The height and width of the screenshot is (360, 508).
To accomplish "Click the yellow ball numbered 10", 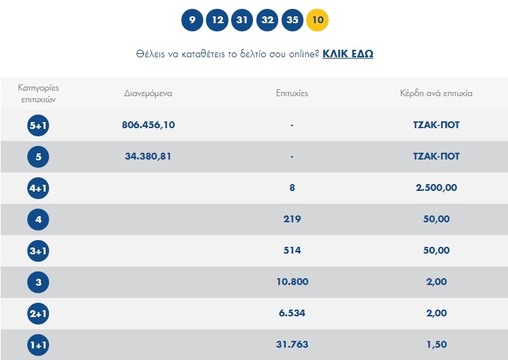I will (x=318, y=20).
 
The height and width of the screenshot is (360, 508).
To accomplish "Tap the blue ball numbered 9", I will (x=192, y=20).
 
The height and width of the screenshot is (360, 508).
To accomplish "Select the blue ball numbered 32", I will (x=267, y=20).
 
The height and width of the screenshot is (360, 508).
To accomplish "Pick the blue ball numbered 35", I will (x=293, y=20).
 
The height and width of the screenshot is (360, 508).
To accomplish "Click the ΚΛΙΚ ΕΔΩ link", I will (x=348, y=53).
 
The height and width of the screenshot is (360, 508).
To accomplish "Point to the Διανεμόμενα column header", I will (x=148, y=93).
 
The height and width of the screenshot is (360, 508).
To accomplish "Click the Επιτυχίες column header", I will (x=292, y=93).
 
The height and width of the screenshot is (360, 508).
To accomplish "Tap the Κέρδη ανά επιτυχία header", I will (x=436, y=93).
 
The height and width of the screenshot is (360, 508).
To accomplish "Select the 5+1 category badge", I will (x=38, y=125).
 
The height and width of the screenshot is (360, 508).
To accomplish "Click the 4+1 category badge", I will (x=38, y=188).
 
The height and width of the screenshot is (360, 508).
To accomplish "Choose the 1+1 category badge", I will (x=38, y=345).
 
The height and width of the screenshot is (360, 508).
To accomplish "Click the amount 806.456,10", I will (x=148, y=125).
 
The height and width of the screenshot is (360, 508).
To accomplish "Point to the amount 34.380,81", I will (x=148, y=156).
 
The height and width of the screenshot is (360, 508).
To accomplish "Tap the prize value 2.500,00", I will (x=436, y=187).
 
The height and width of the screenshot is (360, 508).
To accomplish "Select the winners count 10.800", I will (x=292, y=282).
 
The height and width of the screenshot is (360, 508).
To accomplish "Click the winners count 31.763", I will (x=292, y=344).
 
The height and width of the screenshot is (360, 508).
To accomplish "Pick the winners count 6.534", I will (x=292, y=313).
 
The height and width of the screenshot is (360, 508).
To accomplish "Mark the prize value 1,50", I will (x=436, y=344).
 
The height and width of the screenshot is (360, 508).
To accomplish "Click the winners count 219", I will (x=292, y=219).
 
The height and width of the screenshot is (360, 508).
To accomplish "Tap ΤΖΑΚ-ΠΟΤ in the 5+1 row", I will (x=436, y=125).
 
